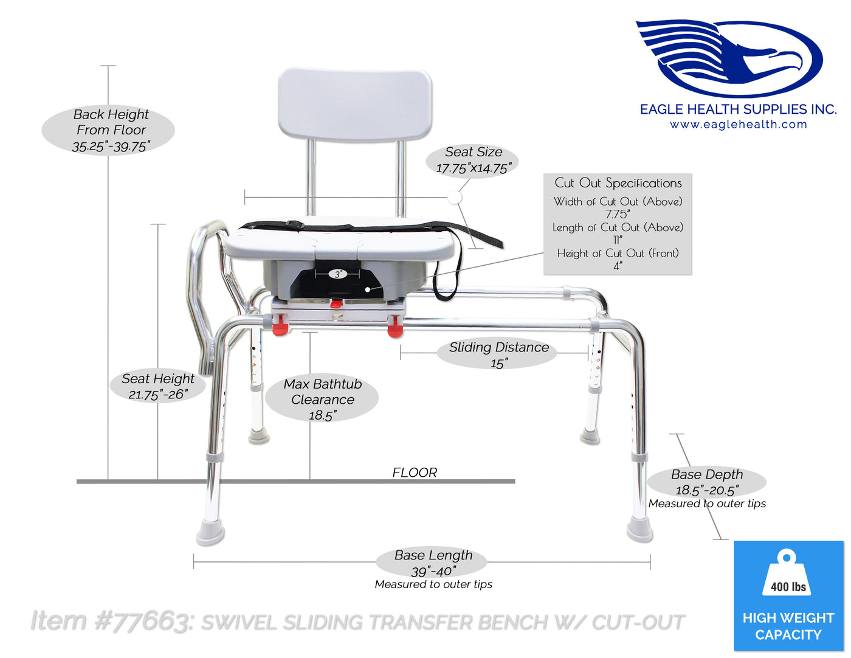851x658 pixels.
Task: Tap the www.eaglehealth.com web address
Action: point(739,125)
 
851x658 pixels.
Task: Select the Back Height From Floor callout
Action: point(108,130)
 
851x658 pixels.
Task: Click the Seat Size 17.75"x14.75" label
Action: point(473,160)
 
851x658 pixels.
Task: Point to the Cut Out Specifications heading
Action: point(618,183)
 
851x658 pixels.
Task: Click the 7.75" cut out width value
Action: point(618,214)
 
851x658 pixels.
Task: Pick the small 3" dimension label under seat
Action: point(338,274)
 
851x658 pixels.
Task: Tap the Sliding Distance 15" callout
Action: point(497,354)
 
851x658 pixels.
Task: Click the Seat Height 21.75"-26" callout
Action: point(158,386)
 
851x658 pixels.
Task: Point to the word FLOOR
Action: point(415,473)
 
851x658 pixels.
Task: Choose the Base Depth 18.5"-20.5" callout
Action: point(707,482)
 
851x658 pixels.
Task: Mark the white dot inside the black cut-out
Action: point(367,290)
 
